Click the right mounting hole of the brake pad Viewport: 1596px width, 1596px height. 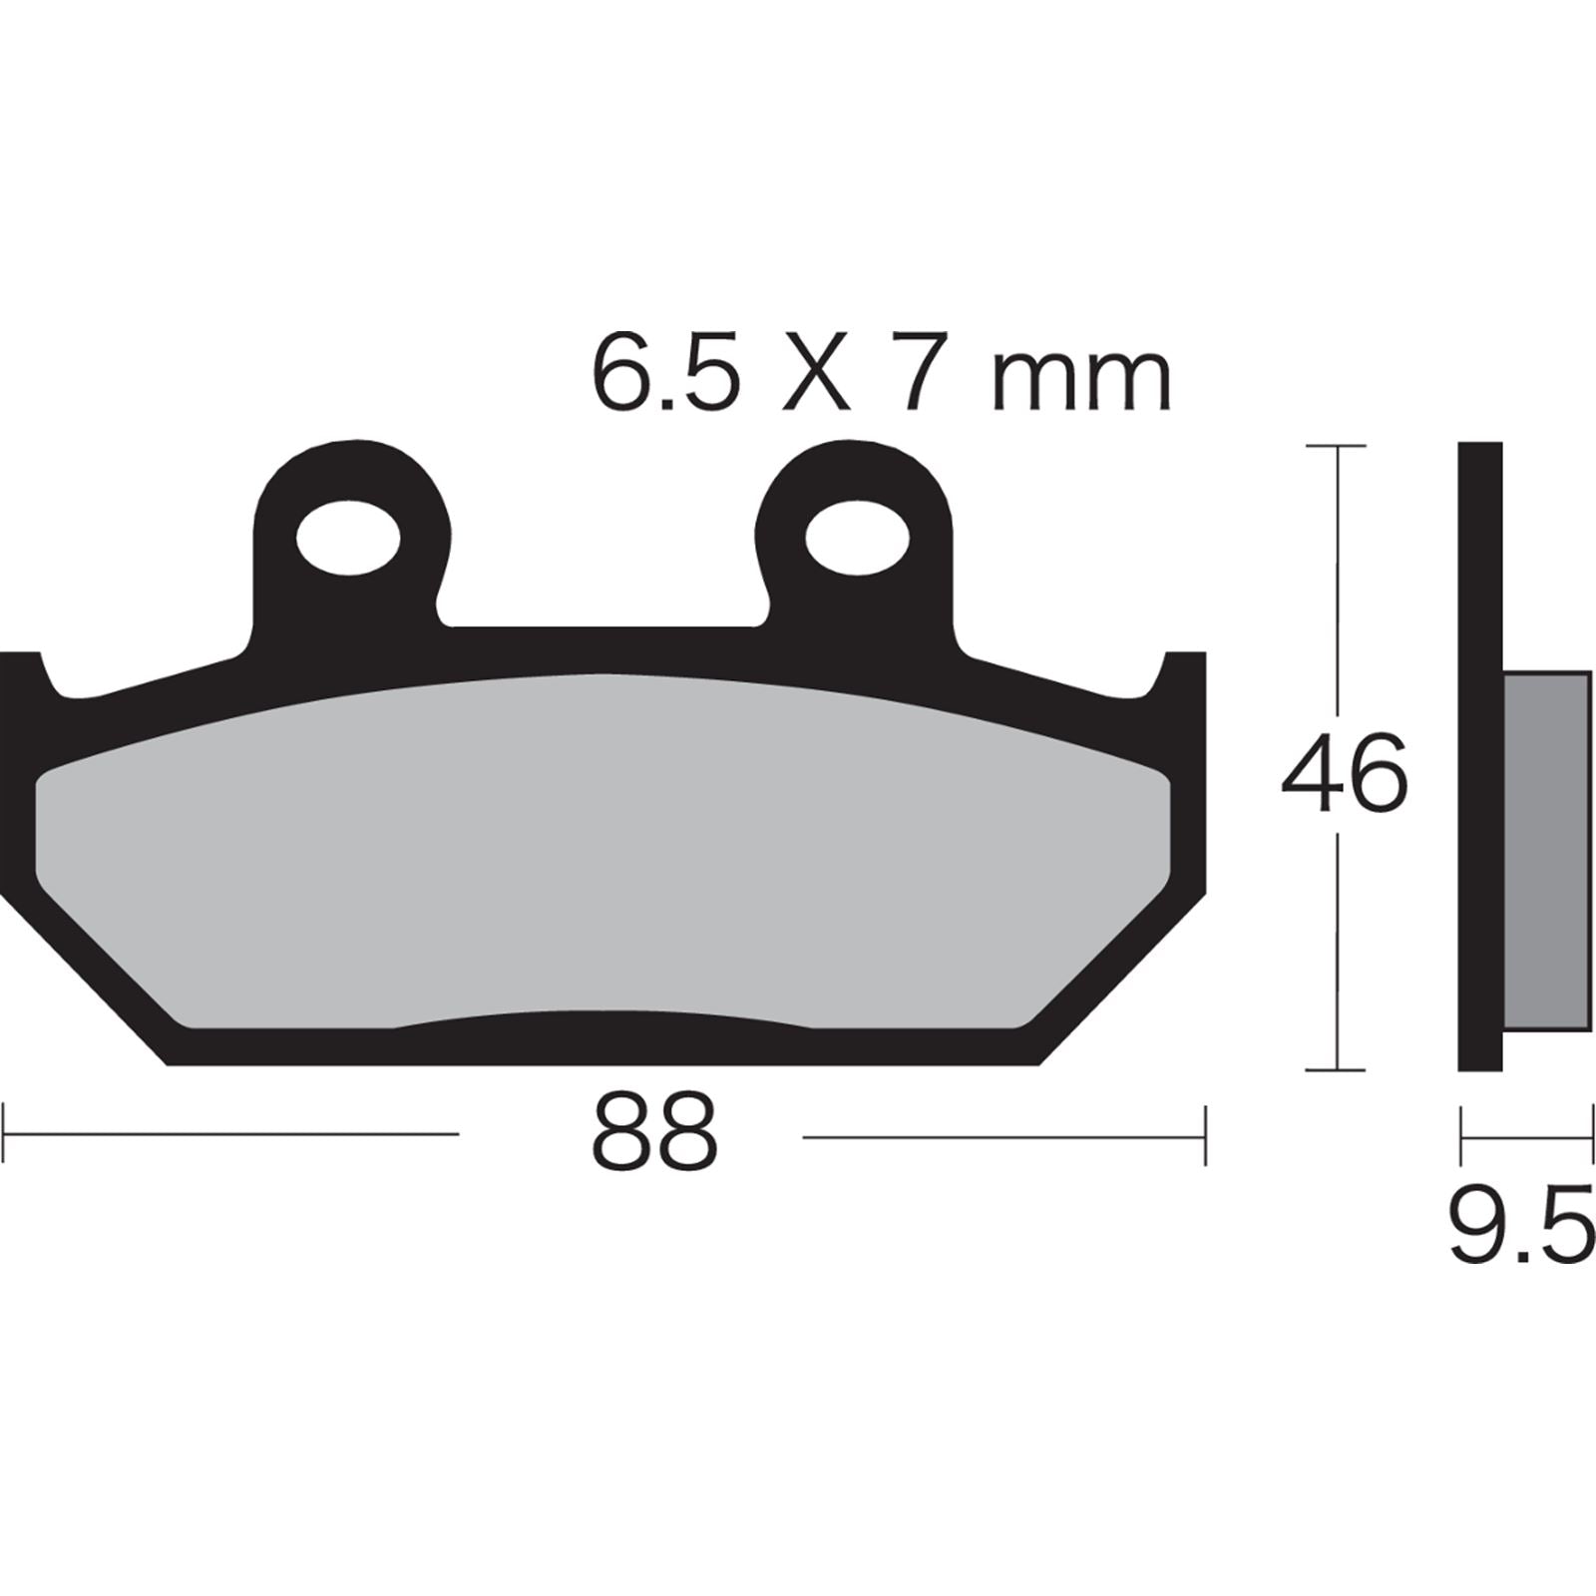pos(857,539)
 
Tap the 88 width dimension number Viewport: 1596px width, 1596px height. pos(654,1133)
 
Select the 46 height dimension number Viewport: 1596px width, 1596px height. pos(1344,774)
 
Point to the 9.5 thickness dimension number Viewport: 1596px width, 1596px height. pos(1520,1227)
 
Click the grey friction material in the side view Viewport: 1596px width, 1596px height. pos(1545,848)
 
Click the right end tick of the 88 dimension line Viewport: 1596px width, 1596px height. pos(1205,1133)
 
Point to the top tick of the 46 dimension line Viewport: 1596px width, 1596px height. pos(1335,446)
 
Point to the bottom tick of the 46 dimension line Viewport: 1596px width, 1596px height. pos(1335,1069)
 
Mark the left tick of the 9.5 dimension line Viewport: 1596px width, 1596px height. pos(1461,1135)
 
